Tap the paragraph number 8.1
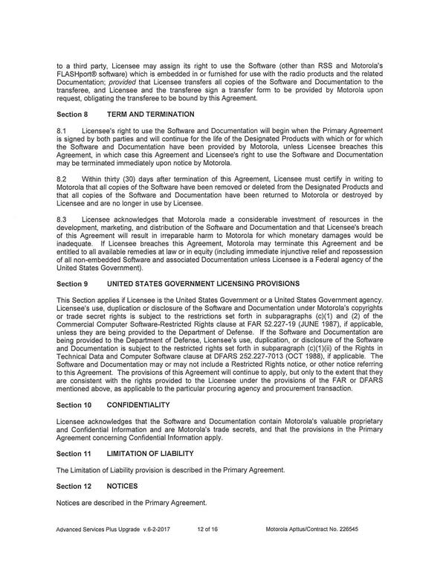coord(63,131)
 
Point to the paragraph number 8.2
coord(63,180)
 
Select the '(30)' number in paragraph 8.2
coord(131,180)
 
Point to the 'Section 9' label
coord(74,284)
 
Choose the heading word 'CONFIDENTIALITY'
coord(139,405)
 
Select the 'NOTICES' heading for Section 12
coord(123,486)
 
